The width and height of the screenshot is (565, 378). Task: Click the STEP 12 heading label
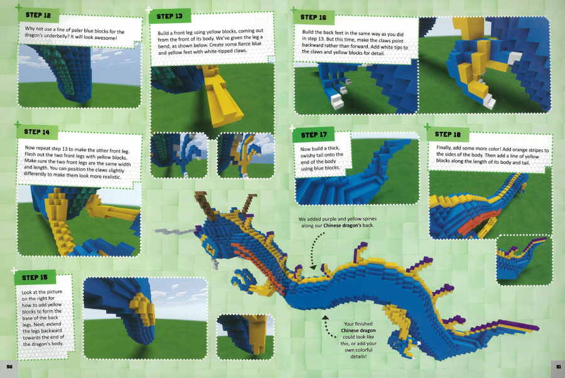pyautogui.click(x=38, y=15)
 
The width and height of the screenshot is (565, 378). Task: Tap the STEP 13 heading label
pyautogui.click(x=169, y=16)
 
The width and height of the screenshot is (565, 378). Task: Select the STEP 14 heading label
pyautogui.click(x=37, y=132)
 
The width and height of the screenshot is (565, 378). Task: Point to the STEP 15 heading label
pyautogui.click(x=35, y=278)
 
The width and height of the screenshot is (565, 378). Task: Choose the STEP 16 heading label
pyautogui.click(x=313, y=18)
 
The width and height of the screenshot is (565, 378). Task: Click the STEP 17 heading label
pyautogui.click(x=314, y=135)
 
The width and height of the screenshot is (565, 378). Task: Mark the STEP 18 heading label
pyautogui.click(x=448, y=134)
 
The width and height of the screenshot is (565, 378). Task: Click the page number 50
pyautogui.click(x=9, y=367)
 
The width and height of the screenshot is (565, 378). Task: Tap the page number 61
pyautogui.click(x=559, y=367)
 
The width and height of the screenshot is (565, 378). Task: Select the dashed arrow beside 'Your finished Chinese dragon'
pyautogui.click(x=327, y=327)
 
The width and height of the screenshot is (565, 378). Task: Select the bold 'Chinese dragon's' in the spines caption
pyautogui.click(x=348, y=225)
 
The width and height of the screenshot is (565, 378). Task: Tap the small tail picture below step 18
pyautogui.click(x=524, y=260)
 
